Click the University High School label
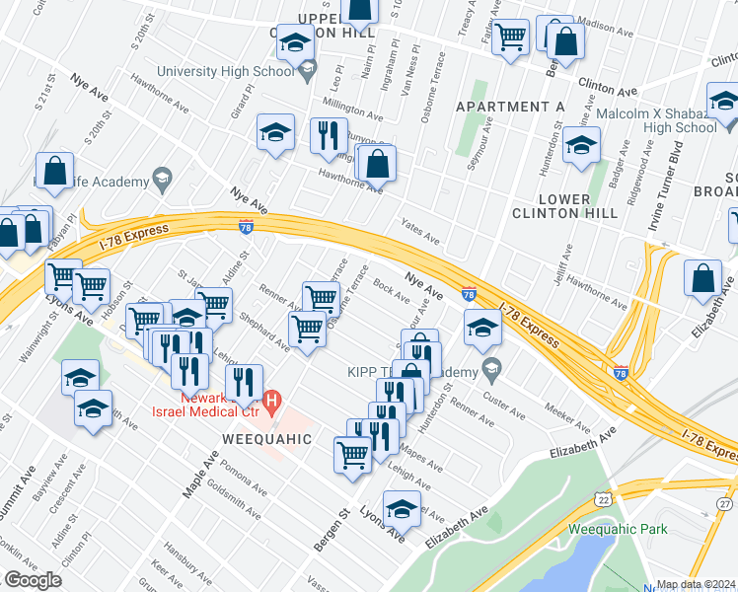(x=226, y=71)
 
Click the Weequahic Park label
(x=618, y=529)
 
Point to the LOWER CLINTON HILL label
(x=564, y=204)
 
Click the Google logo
(x=34, y=580)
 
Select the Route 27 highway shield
(x=726, y=504)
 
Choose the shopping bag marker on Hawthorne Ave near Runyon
(x=377, y=164)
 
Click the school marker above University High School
(x=295, y=42)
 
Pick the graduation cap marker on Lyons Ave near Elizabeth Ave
(x=402, y=508)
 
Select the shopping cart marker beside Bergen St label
(x=352, y=455)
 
